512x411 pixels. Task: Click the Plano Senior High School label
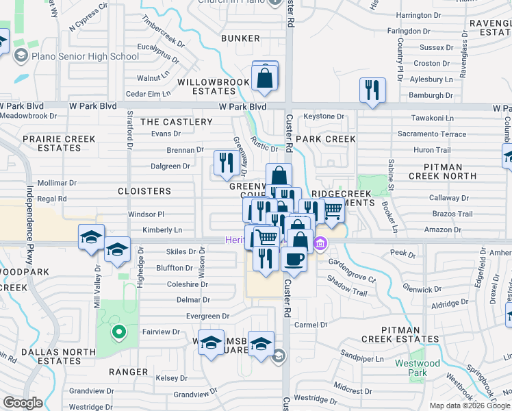tap(86, 56)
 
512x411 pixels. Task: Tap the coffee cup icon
tap(294, 260)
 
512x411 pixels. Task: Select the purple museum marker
tap(320, 243)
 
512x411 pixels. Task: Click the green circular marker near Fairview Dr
tap(118, 334)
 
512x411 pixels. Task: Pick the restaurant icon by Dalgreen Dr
tap(224, 162)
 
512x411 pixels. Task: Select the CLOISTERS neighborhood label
tap(144, 191)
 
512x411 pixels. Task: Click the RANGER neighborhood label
tap(128, 372)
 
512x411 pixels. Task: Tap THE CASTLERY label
tap(177, 122)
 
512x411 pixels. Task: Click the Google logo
tap(23, 403)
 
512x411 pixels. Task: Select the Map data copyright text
tap(469, 406)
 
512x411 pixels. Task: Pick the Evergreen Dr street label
tap(208, 316)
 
